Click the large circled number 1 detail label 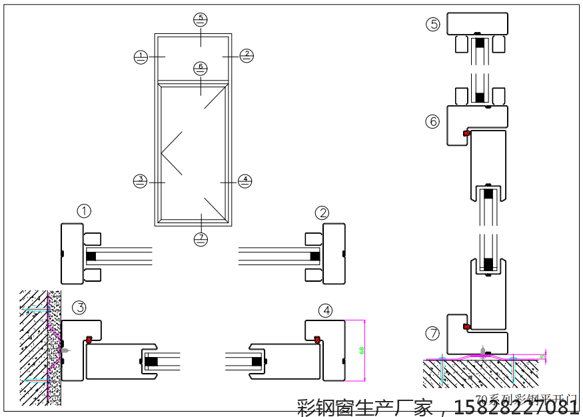tap(84, 212)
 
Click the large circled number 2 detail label tap(322, 212)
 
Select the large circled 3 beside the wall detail tap(79, 308)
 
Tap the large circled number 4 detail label tap(325, 310)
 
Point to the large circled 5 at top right tap(433, 25)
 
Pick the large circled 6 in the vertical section tap(433, 121)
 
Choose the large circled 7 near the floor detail tap(433, 333)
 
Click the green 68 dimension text tap(362, 350)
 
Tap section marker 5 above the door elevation tap(201, 19)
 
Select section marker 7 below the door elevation tap(201, 238)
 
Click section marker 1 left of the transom tap(140, 57)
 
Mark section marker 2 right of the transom tap(247, 56)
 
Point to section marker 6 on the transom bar tap(201, 68)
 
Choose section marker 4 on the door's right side tap(245, 181)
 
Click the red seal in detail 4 tap(317, 340)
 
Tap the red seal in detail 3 tap(89, 340)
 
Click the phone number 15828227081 tap(517, 406)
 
